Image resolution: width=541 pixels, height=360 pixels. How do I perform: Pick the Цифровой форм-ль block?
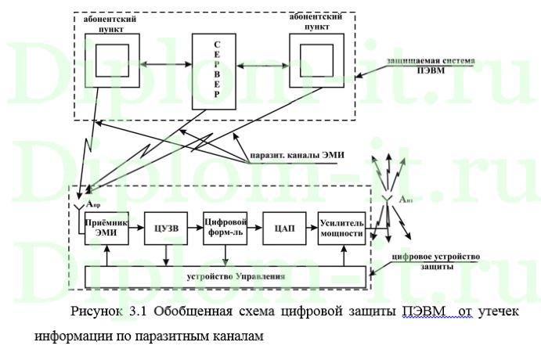click(225, 228)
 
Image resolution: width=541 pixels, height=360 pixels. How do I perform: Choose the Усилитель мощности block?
click(342, 228)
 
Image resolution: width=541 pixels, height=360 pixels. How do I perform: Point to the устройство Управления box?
click(224, 277)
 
